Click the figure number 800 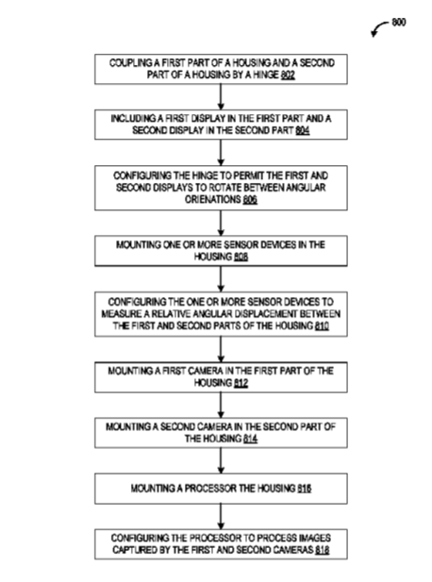click(399, 23)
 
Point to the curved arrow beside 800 click(379, 26)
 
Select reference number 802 click(288, 75)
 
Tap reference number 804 click(303, 131)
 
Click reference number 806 click(250, 200)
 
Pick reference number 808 click(241, 257)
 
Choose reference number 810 click(322, 325)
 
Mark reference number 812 click(241, 383)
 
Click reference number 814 click(251, 439)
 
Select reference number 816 click(305, 489)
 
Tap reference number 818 click(323, 550)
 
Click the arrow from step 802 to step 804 click(221, 97)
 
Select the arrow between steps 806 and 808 click(221, 223)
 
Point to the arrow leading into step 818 click(221, 517)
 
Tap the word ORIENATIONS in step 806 click(213, 200)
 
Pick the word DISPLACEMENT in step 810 click(262, 314)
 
